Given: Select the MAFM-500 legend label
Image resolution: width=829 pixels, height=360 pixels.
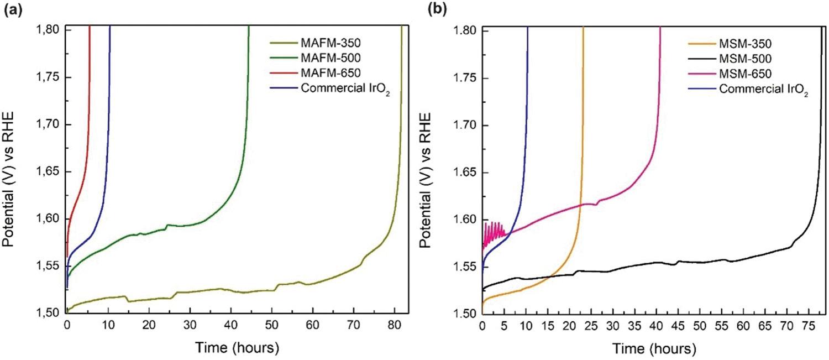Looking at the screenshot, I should pos(334,57).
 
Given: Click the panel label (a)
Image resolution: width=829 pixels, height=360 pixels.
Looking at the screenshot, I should pos(12,9).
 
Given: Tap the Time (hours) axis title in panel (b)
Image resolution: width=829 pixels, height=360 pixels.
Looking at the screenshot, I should pos(652,349).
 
